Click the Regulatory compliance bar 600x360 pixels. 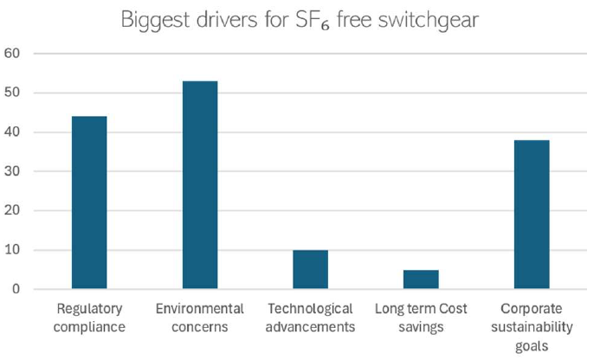[x=89, y=202]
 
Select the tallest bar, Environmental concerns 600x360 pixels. [x=200, y=184]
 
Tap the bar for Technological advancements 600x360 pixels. [x=310, y=269]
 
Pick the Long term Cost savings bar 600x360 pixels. [x=421, y=280]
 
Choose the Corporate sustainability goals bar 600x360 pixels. [x=532, y=215]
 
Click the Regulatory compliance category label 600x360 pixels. [x=89, y=318]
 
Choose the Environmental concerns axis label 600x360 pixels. [x=200, y=318]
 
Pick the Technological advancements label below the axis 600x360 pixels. [x=310, y=318]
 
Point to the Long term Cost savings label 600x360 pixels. [x=421, y=318]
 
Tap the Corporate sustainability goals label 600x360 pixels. [x=532, y=326]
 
